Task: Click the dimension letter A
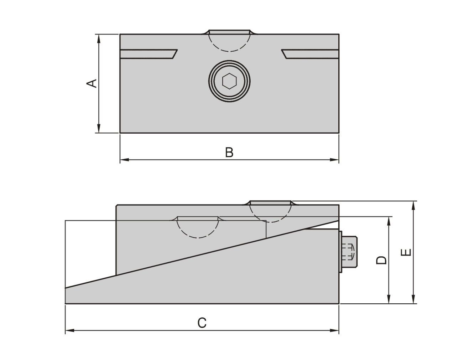click(92, 83)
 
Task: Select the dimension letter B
click(229, 152)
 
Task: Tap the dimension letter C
click(202, 323)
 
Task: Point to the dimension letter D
click(381, 260)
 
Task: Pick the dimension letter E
click(406, 252)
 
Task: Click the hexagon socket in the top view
click(229, 81)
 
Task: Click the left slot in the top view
click(148, 54)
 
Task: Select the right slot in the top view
click(310, 54)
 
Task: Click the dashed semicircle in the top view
click(229, 51)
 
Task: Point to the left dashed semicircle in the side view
click(198, 238)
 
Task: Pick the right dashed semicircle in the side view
click(271, 222)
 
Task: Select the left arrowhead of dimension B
click(125, 160)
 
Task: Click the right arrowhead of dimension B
click(334, 160)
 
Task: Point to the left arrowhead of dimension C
click(70, 330)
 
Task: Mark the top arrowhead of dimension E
click(413, 206)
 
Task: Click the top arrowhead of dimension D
click(389, 221)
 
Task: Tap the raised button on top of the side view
click(271, 202)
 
